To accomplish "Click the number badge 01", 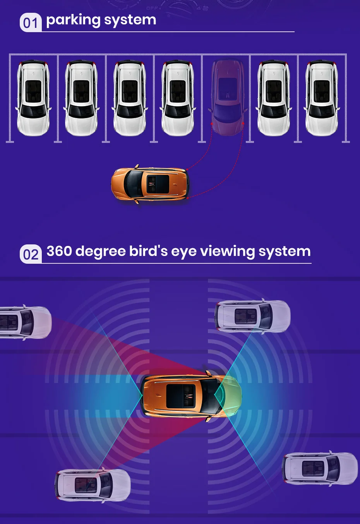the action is click(30, 22).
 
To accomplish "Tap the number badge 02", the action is click(30, 254).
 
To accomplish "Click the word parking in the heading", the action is click(73, 20).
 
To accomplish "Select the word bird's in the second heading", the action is click(148, 251).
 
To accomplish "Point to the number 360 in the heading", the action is click(59, 251).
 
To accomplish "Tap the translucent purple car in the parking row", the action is click(228, 98).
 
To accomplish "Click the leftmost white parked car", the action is click(33, 98).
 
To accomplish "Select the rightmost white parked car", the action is click(321, 98).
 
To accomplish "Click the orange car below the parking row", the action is click(150, 184).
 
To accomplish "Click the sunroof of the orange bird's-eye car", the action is click(180, 396).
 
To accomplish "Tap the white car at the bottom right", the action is click(320, 468).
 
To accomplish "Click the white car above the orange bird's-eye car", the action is click(252, 316).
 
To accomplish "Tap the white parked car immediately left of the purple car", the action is click(177, 98).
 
